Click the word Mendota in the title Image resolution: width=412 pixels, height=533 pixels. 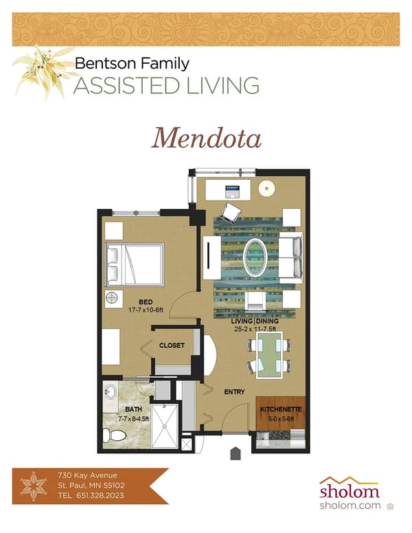(x=207, y=137)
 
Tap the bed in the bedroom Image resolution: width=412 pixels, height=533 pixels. (x=135, y=264)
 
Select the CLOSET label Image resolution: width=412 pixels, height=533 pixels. (x=172, y=345)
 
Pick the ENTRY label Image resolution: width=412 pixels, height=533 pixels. (x=235, y=392)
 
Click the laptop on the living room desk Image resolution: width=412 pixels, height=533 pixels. (x=232, y=188)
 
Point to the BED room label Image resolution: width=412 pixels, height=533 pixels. (x=145, y=302)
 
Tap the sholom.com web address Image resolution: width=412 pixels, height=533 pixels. (x=348, y=506)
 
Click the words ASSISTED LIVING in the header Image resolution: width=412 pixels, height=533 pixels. (x=167, y=86)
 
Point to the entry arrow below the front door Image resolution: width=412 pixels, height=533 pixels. (x=236, y=453)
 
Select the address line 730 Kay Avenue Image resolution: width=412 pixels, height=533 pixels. (x=87, y=475)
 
